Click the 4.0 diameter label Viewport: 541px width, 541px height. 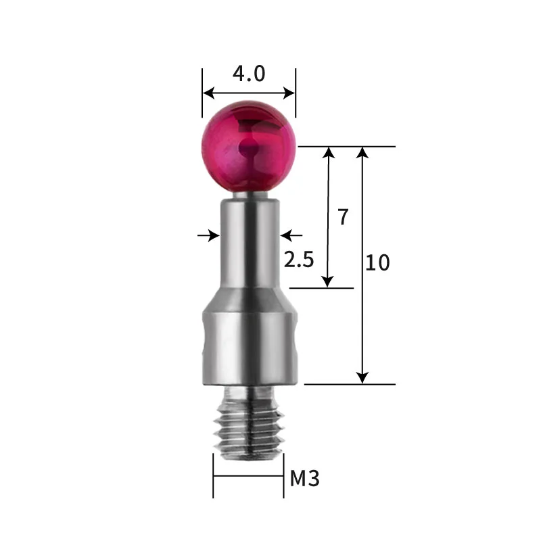click(248, 73)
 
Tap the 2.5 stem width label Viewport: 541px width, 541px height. click(299, 260)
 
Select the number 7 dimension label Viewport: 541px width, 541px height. click(343, 217)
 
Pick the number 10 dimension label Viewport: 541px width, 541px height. click(377, 262)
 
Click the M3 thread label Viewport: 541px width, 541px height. click(304, 479)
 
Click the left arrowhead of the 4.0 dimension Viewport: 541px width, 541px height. click(207, 93)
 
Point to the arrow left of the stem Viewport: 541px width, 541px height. click(213, 235)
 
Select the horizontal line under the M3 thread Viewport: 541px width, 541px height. click(248, 475)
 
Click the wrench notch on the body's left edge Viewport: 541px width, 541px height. click(204, 348)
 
